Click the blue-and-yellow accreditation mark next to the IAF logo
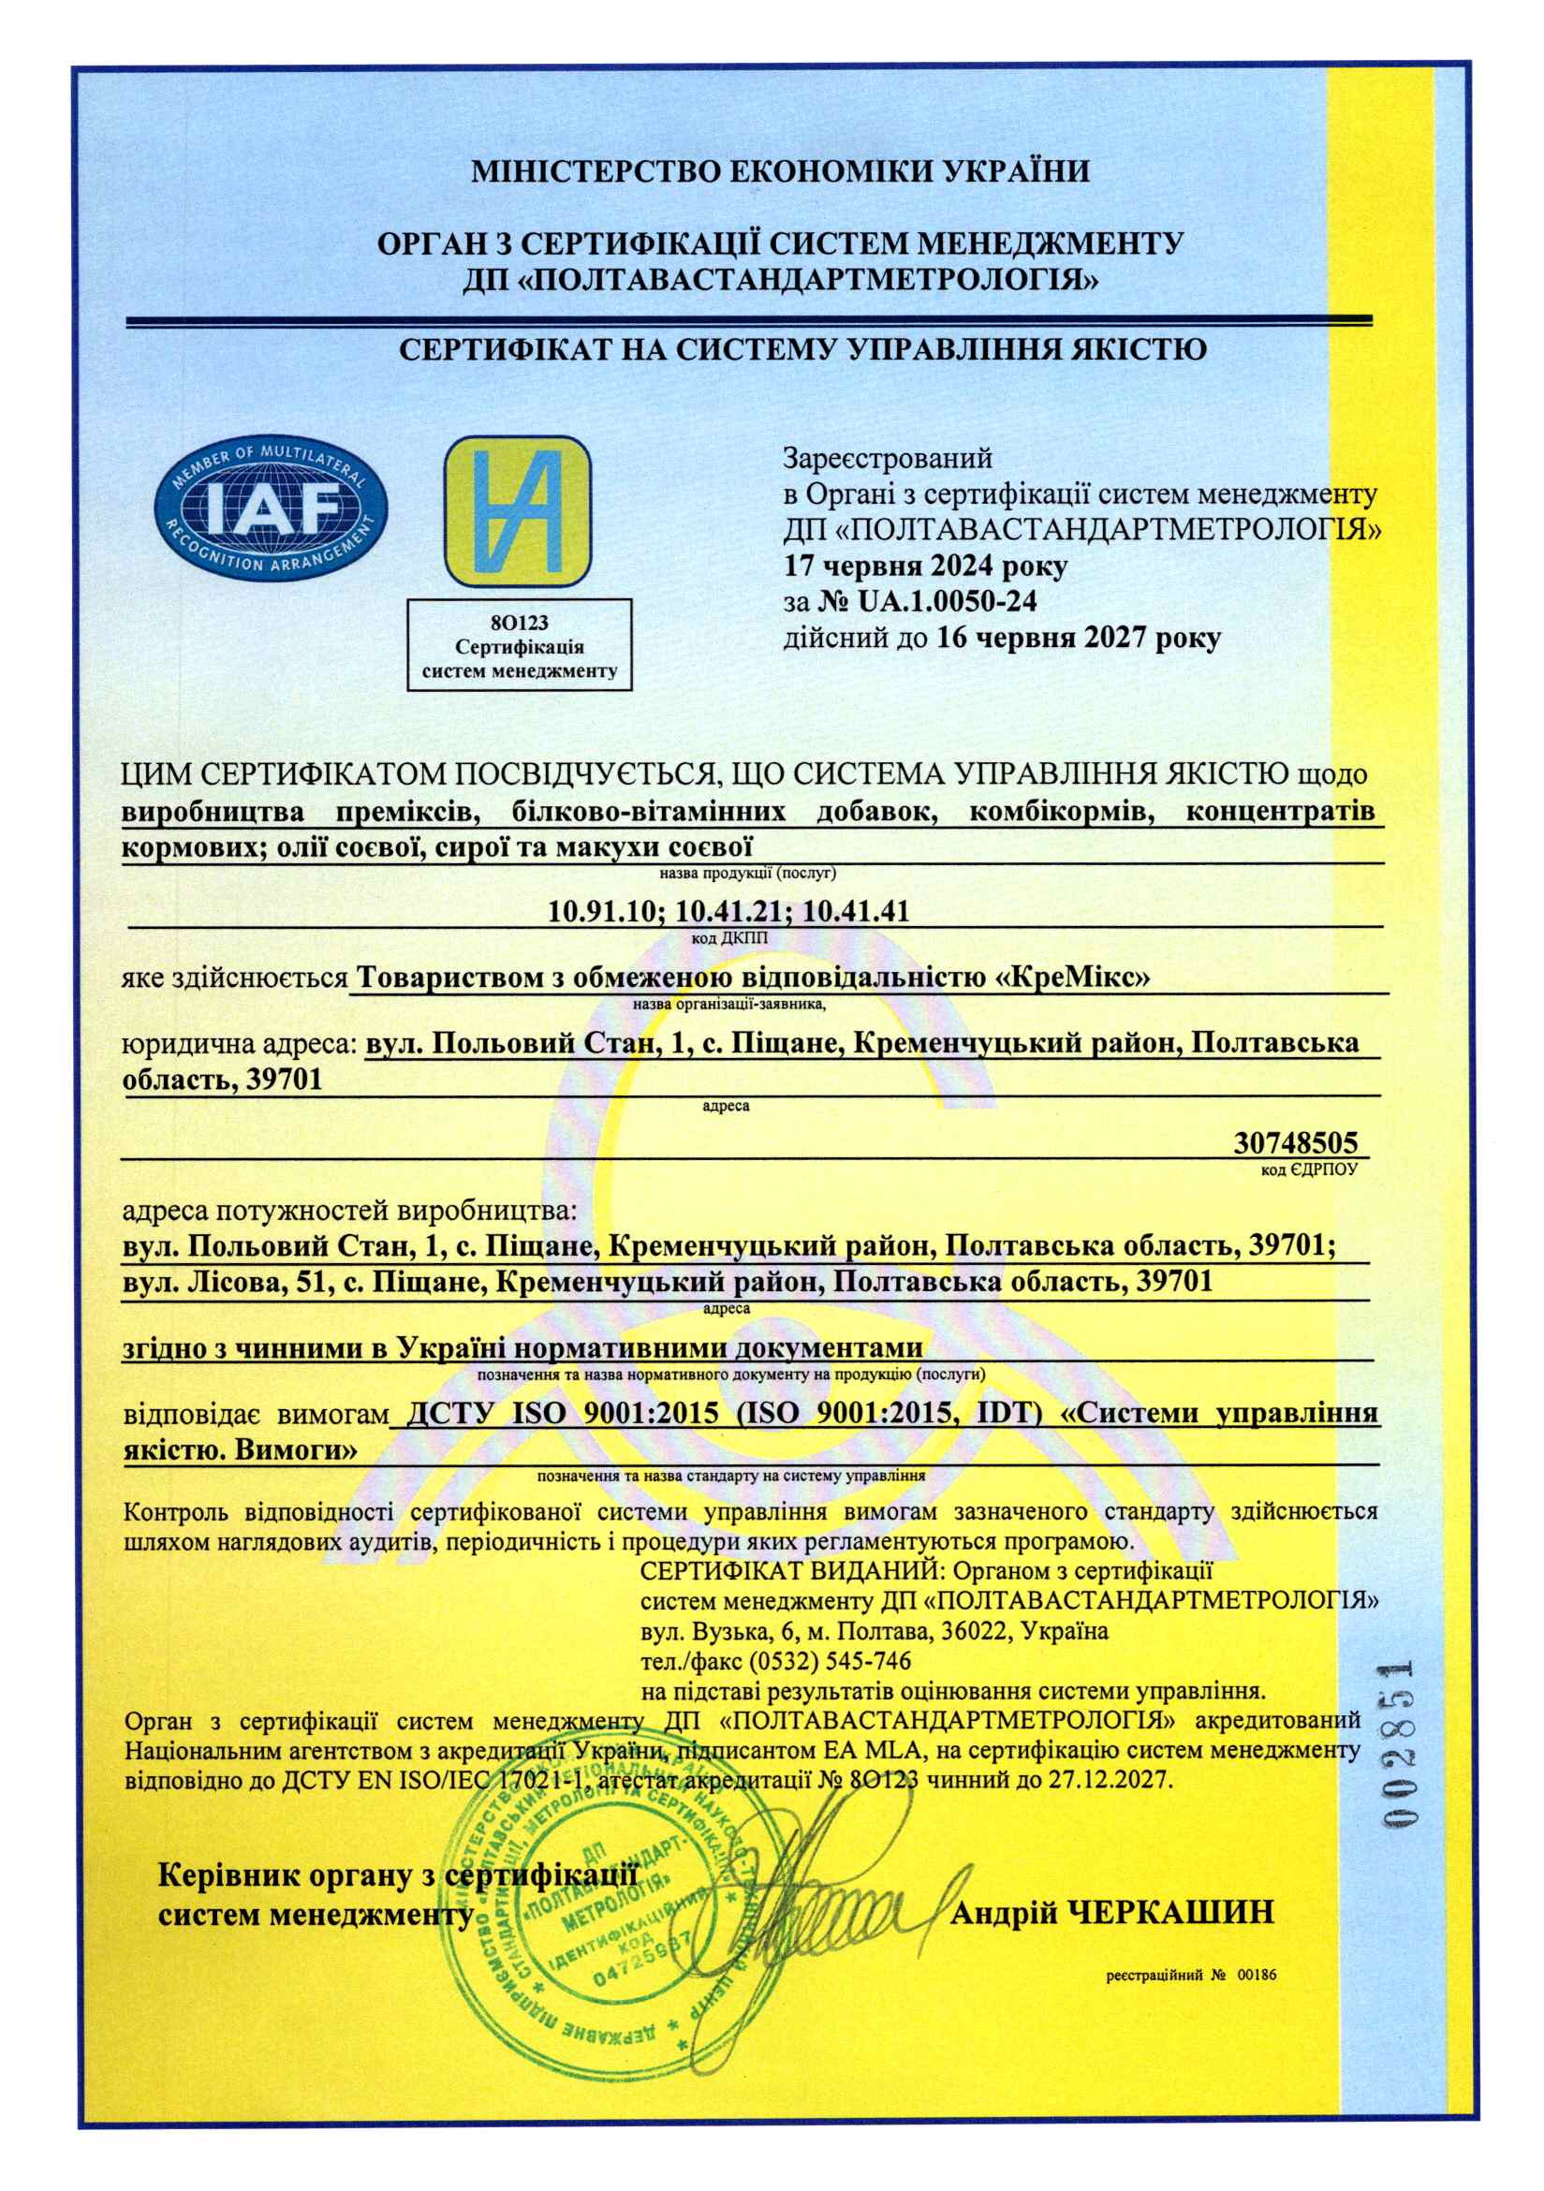(518, 510)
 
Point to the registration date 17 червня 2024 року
(925, 566)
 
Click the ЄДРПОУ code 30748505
(1295, 1143)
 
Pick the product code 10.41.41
(856, 912)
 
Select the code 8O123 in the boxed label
(519, 625)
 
